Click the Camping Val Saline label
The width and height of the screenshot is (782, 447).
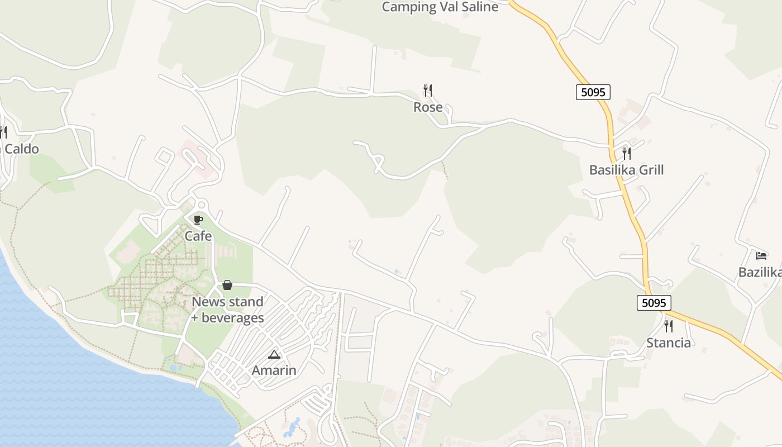click(x=440, y=7)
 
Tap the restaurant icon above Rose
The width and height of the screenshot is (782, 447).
click(x=428, y=90)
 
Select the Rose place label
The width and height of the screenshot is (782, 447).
click(x=428, y=107)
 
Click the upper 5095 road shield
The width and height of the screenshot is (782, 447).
click(x=593, y=92)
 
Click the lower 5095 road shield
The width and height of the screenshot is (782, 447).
click(x=654, y=303)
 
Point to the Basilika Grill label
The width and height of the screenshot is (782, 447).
click(x=626, y=170)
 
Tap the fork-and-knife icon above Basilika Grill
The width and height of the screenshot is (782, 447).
click(x=627, y=153)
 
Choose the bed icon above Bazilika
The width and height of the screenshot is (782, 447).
click(x=761, y=256)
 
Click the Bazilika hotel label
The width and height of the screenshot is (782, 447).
click(x=760, y=272)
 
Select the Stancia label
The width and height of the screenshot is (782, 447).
click(x=668, y=343)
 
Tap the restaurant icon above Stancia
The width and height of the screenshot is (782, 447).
click(x=668, y=326)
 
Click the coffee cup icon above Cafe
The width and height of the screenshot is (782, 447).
click(x=198, y=220)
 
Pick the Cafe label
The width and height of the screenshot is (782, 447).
click(x=198, y=236)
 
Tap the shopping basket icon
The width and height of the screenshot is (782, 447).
click(x=227, y=285)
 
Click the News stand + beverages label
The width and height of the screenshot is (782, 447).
click(x=227, y=310)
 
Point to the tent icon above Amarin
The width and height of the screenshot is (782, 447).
click(x=274, y=354)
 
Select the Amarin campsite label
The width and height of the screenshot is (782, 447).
click(x=274, y=370)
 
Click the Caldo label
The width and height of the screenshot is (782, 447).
click(x=21, y=149)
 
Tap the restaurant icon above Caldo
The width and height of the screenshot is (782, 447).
click(x=3, y=132)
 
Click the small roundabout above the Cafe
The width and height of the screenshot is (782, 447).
click(x=201, y=205)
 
